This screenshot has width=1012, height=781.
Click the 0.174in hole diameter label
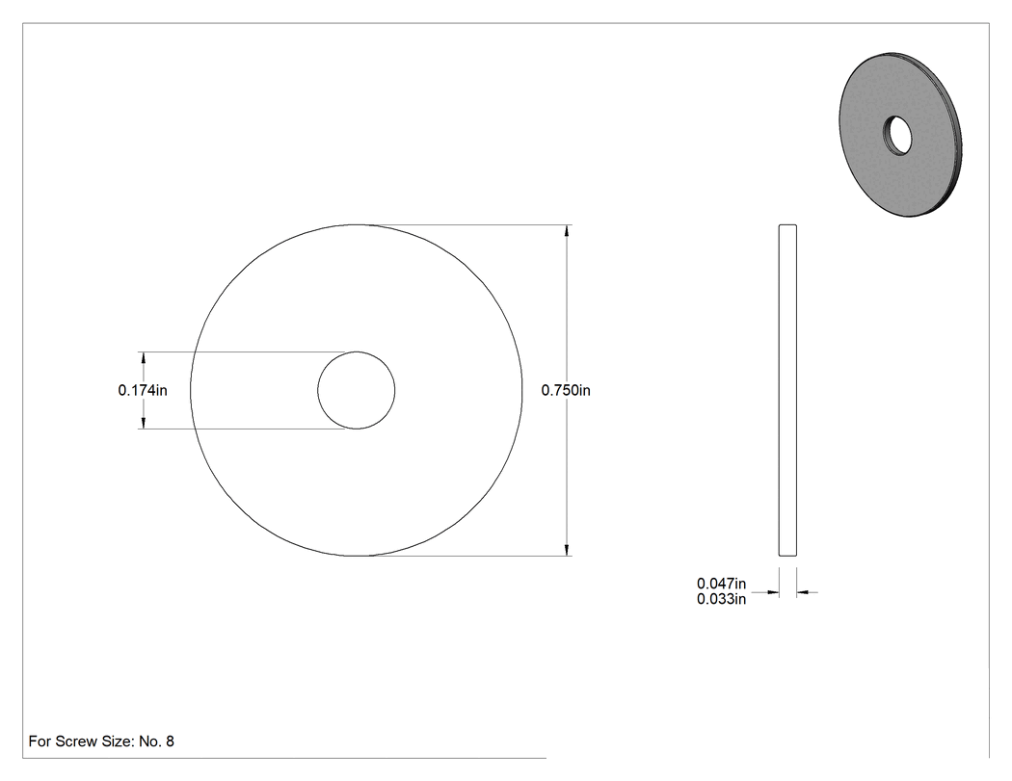pyautogui.click(x=143, y=390)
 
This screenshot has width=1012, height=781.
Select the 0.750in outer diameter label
pyautogui.click(x=566, y=390)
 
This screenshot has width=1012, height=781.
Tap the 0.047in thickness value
pyautogui.click(x=721, y=584)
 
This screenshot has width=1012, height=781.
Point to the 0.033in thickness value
pyautogui.click(x=721, y=599)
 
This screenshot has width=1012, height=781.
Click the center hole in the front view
pyautogui.click(x=357, y=390)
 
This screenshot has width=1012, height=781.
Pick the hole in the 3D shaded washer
pyautogui.click(x=897, y=136)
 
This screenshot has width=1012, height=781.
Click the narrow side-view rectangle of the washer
pyautogui.click(x=787, y=390)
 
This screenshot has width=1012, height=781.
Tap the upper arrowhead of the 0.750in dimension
pyautogui.click(x=567, y=231)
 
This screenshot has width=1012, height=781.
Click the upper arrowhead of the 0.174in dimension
pyautogui.click(x=144, y=358)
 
